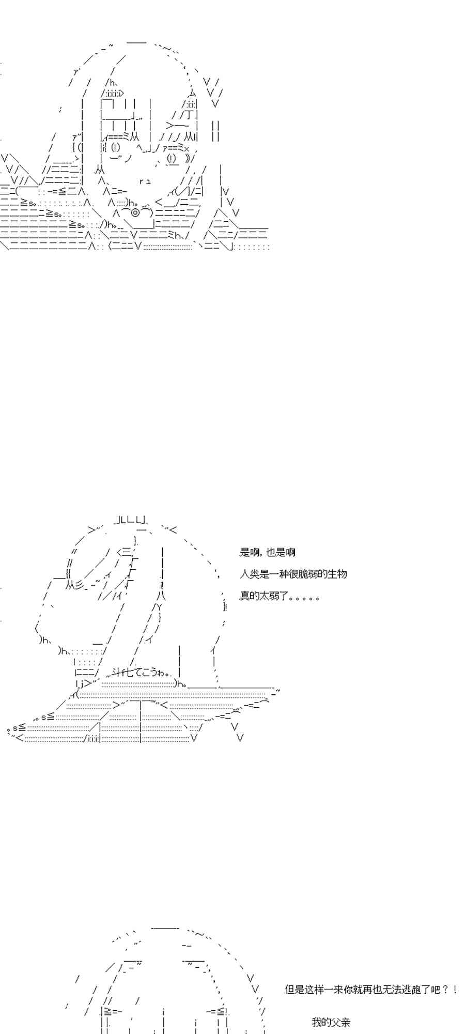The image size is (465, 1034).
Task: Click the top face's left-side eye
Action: (x=115, y=147)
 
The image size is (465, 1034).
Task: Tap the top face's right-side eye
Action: (x=171, y=158)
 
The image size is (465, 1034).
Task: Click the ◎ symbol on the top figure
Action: (x=135, y=212)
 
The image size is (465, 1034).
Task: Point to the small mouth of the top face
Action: (x=145, y=181)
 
